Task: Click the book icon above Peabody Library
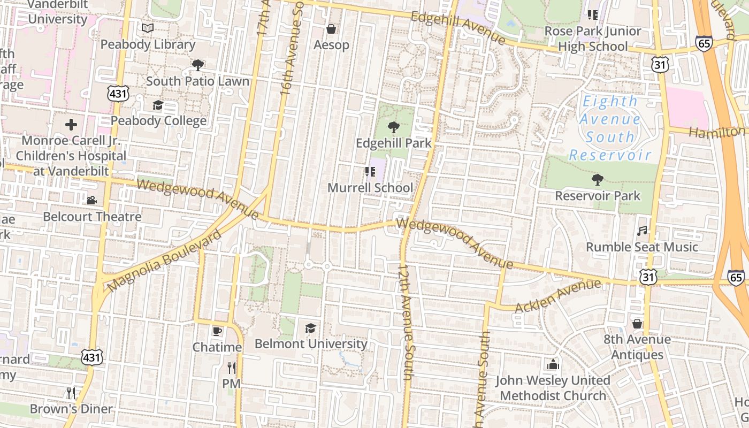148,28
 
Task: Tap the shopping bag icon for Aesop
331,29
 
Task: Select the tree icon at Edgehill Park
393,127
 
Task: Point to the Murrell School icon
370,172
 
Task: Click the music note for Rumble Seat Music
642,231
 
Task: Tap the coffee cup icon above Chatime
217,331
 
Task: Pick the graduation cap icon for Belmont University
310,328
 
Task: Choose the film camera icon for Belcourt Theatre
91,200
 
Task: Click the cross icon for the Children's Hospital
71,125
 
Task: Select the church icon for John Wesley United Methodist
553,365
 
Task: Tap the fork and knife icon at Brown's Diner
71,393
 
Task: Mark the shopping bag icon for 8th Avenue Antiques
637,324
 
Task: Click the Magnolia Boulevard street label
164,262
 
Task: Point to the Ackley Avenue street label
558,296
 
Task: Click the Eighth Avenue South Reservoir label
610,128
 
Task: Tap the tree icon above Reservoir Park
597,180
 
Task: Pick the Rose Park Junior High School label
593,39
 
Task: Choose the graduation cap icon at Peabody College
158,105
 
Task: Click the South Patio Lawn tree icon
197,65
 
